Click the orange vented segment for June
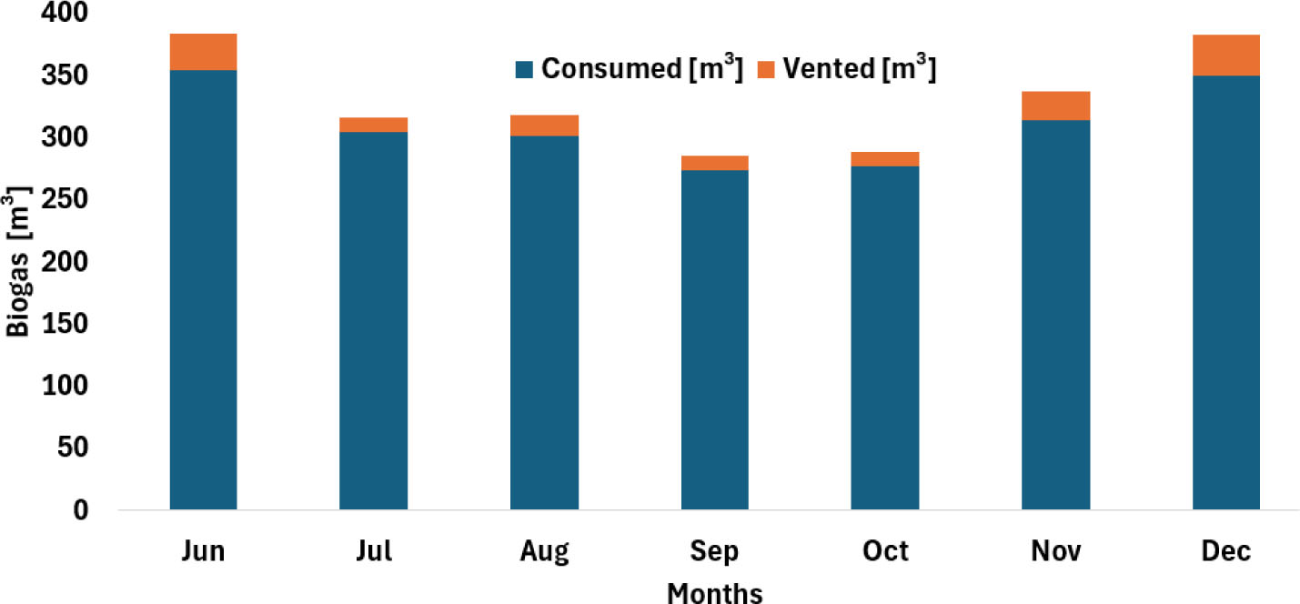click(203, 52)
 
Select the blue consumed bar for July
click(373, 321)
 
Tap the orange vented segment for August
click(544, 126)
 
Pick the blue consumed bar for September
click(714, 340)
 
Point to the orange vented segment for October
click(885, 159)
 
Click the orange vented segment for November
click(1055, 106)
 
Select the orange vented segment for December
click(1226, 55)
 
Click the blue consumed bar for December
click(1226, 292)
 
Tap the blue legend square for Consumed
click(524, 70)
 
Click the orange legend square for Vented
click(766, 70)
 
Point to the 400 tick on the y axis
click(65, 12)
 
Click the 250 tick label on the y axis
click(65, 199)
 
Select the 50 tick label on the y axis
click(73, 448)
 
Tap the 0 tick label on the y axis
click(81, 510)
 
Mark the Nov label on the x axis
click(1055, 550)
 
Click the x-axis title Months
click(714, 593)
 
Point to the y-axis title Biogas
click(17, 294)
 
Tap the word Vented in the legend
click(829, 68)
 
